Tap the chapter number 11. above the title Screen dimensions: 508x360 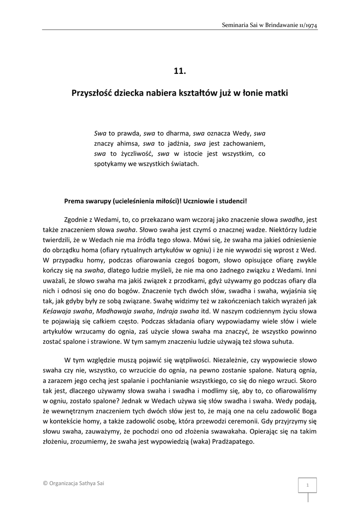pyautogui.click(x=180, y=71)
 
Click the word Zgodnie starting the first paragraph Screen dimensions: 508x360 pyautogui.click(x=77, y=219)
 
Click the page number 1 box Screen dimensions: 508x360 pyautogui.click(x=307, y=485)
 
